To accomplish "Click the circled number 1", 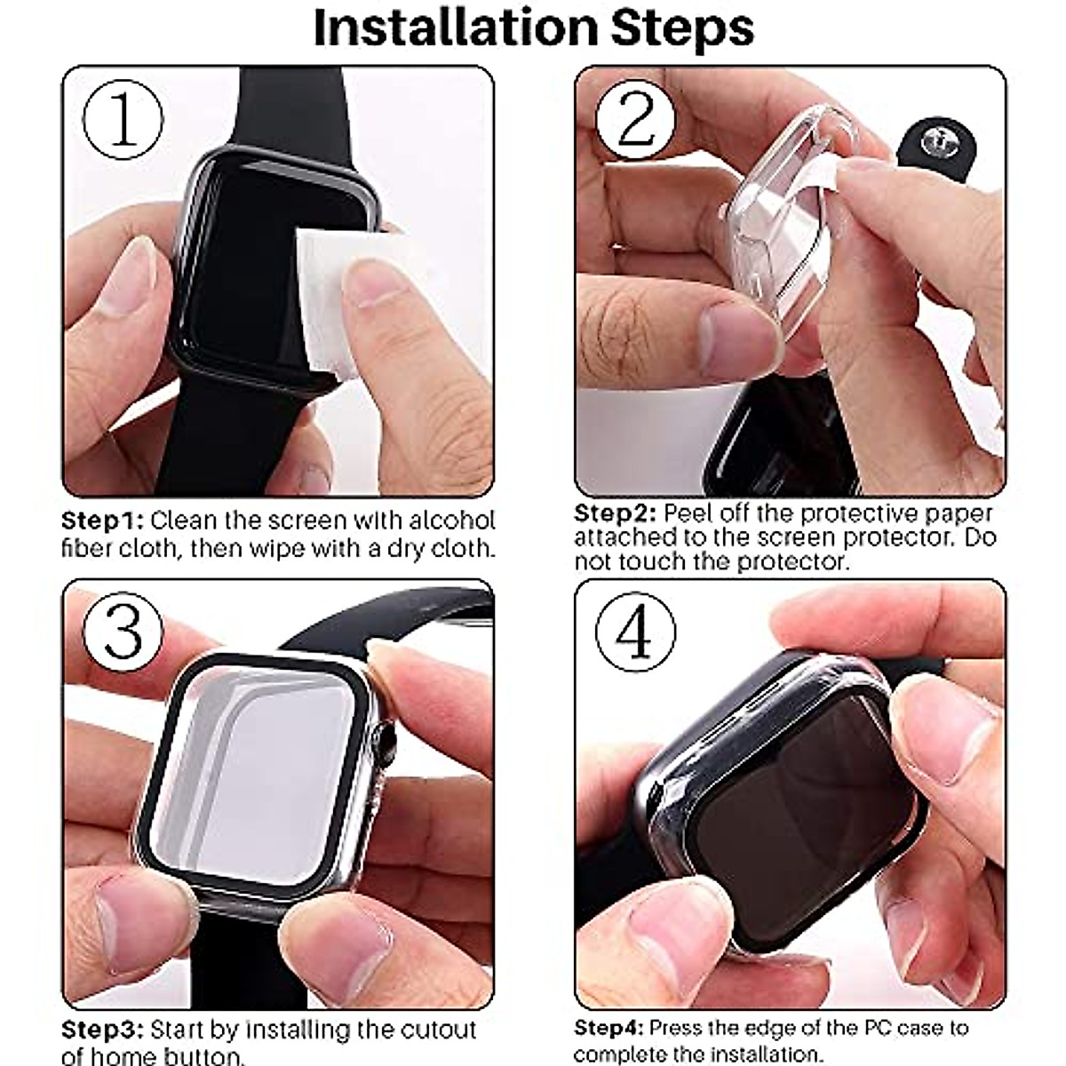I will click(123, 120).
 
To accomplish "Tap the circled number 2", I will click(636, 120).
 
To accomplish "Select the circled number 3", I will click(123, 632).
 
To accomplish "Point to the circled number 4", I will click(635, 632).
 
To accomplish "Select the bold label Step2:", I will click(616, 513).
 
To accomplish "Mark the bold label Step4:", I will click(610, 1029).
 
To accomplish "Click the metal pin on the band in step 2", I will click(935, 139).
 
